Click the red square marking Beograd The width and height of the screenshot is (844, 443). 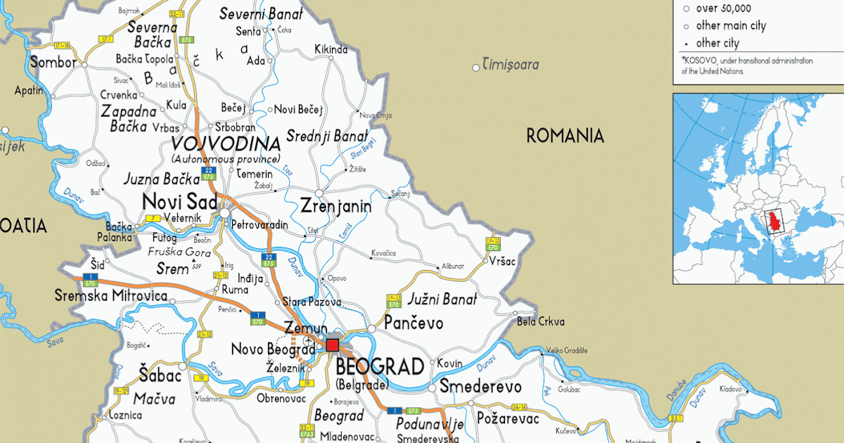coord(332,345)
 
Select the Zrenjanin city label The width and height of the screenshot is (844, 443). coord(335,207)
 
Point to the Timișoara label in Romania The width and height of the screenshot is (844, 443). coord(510,65)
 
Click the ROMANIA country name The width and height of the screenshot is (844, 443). coord(565,136)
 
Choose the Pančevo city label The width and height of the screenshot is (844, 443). coord(414,323)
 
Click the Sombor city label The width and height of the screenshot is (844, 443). coord(53,63)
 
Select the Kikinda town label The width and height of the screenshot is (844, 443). coord(331,49)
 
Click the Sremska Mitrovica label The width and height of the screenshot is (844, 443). coord(111,296)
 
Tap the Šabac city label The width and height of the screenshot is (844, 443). coord(160,376)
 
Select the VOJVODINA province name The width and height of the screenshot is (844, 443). coord(225,145)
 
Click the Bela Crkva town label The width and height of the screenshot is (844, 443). coord(540,322)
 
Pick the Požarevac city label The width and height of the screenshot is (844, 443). coord(508,419)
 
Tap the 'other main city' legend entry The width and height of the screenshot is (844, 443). coord(731,26)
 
